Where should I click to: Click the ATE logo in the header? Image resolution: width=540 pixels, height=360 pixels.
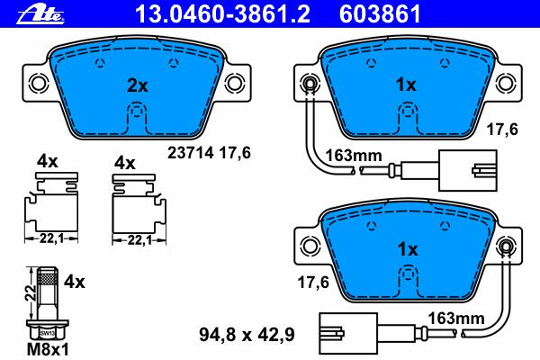click(x=40, y=14)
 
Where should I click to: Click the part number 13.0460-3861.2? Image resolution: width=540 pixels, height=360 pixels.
click(x=222, y=14)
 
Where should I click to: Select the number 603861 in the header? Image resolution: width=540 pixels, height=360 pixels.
click(x=380, y=14)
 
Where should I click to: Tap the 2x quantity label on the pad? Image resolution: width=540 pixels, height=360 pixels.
click(x=137, y=85)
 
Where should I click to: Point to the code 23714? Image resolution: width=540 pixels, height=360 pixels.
click(x=191, y=153)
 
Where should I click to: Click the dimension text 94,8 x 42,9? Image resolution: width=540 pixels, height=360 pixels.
click(x=247, y=335)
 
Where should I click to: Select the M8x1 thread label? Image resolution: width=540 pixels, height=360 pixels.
click(x=48, y=350)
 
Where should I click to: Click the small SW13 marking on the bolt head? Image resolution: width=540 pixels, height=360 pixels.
click(x=48, y=334)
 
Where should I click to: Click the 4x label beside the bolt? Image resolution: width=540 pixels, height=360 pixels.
click(x=74, y=282)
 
